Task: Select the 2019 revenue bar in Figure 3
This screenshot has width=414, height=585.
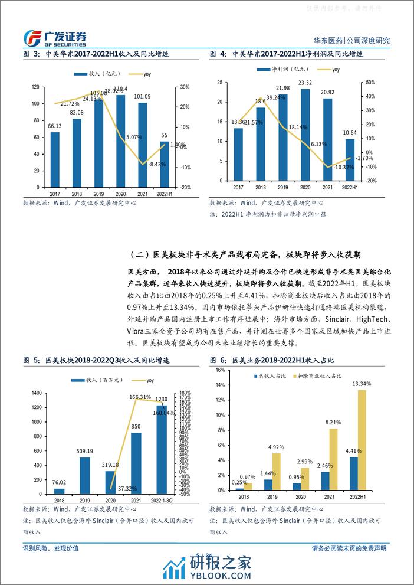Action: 98,142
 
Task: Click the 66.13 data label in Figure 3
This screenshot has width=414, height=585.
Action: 55,126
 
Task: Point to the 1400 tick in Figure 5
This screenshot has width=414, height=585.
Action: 34,393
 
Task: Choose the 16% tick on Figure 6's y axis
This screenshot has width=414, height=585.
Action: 219,370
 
